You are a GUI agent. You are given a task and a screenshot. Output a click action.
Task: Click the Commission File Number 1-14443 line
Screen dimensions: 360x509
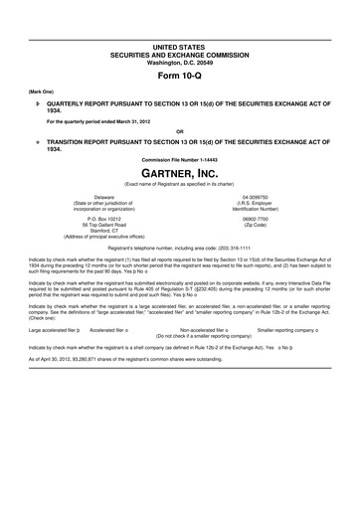coord(179,159)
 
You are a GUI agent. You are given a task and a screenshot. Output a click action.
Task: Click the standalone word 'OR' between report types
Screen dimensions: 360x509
coord(179,131)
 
